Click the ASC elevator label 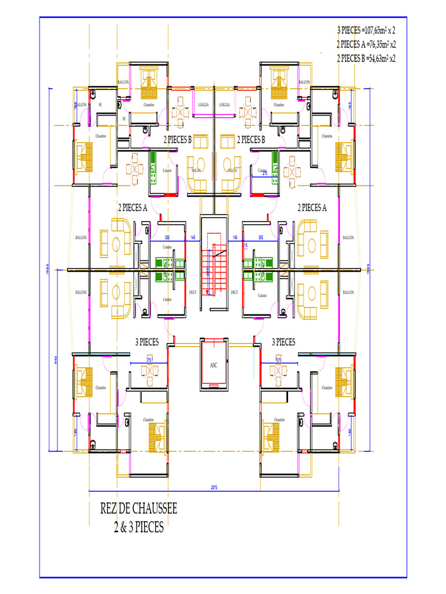[x=213, y=365]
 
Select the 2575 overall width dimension [x=214, y=487]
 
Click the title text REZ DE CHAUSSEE [x=139, y=509]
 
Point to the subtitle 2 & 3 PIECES [x=138, y=528]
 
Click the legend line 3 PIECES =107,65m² [x=366, y=30]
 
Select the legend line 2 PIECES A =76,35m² [x=366, y=44]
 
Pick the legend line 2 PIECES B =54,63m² [x=366, y=58]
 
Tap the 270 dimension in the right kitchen [x=265, y=173]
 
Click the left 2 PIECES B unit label [x=177, y=140]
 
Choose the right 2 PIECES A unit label [x=312, y=207]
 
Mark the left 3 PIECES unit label [x=147, y=342]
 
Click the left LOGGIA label [x=203, y=105]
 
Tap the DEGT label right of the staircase [x=235, y=292]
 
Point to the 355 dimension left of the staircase [x=167, y=237]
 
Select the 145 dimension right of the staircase [x=235, y=237]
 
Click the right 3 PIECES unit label [x=283, y=342]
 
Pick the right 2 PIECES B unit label [x=251, y=140]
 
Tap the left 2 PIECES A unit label [x=132, y=207]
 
